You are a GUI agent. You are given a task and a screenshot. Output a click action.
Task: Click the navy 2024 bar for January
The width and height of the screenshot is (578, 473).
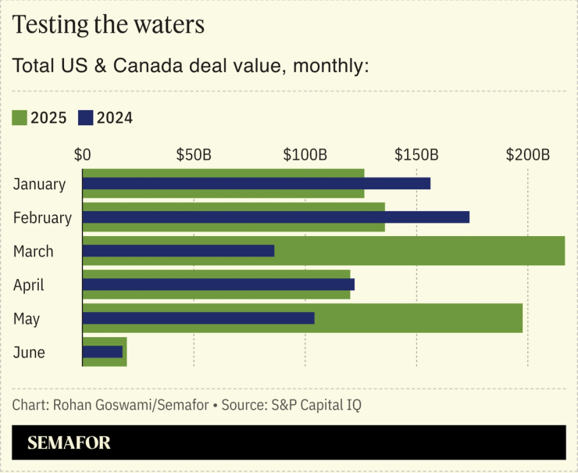pyautogui.click(x=256, y=184)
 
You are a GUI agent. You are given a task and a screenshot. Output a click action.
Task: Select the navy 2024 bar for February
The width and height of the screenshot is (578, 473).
pyautogui.click(x=276, y=217)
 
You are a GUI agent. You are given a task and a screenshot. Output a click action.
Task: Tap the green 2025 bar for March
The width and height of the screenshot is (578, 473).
pyautogui.click(x=422, y=251)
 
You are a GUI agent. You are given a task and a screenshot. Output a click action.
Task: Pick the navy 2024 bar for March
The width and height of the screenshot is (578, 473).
pyautogui.click(x=178, y=251)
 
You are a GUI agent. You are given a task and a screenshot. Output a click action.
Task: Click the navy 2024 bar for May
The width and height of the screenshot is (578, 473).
pyautogui.click(x=198, y=318)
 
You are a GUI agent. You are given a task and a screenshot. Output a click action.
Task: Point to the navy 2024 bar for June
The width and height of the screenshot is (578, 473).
pyautogui.click(x=102, y=352)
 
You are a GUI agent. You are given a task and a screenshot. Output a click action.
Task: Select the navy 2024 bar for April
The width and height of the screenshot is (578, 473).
pyautogui.click(x=218, y=285)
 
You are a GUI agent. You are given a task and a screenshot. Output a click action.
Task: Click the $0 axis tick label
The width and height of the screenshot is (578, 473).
pyautogui.click(x=82, y=154)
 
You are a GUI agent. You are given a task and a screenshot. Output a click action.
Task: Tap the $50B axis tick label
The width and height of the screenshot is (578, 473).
pyautogui.click(x=194, y=154)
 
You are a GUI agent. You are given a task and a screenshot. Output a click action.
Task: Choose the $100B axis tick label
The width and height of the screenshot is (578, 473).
pyautogui.click(x=305, y=154)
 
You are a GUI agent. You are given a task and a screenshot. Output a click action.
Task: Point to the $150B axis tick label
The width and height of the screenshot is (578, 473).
pyautogui.click(x=416, y=154)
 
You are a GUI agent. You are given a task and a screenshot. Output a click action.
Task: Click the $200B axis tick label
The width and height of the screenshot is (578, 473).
pyautogui.click(x=528, y=154)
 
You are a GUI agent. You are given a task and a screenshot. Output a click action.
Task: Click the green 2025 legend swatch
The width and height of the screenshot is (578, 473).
pyautogui.click(x=20, y=118)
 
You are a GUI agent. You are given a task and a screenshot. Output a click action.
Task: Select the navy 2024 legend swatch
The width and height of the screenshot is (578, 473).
pyautogui.click(x=85, y=118)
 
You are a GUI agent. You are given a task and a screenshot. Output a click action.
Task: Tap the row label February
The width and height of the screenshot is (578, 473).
pyautogui.click(x=42, y=218)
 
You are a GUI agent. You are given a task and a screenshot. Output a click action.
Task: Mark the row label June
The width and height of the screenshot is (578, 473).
pyautogui.click(x=29, y=353)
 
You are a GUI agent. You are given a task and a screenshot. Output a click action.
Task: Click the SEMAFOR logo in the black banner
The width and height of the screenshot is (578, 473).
pyautogui.click(x=69, y=443)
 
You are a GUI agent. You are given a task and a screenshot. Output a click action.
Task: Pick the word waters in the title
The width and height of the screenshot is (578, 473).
pyautogui.click(x=166, y=25)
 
